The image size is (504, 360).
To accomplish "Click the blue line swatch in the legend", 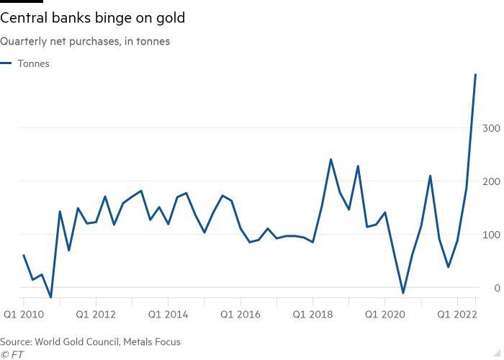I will click(6, 63).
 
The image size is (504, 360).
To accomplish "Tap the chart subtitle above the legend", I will click(86, 41).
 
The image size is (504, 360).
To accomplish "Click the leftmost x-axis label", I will click(25, 315).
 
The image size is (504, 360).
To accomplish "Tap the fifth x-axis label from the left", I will click(312, 315).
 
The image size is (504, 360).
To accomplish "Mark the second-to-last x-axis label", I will click(384, 315).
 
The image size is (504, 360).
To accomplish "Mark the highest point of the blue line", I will click(475, 71).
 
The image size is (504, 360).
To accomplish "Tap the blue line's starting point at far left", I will click(23, 254).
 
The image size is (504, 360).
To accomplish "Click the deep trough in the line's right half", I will click(403, 292).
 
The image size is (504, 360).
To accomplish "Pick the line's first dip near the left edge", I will click(50, 296).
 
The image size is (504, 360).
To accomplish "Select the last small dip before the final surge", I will click(449, 268).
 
